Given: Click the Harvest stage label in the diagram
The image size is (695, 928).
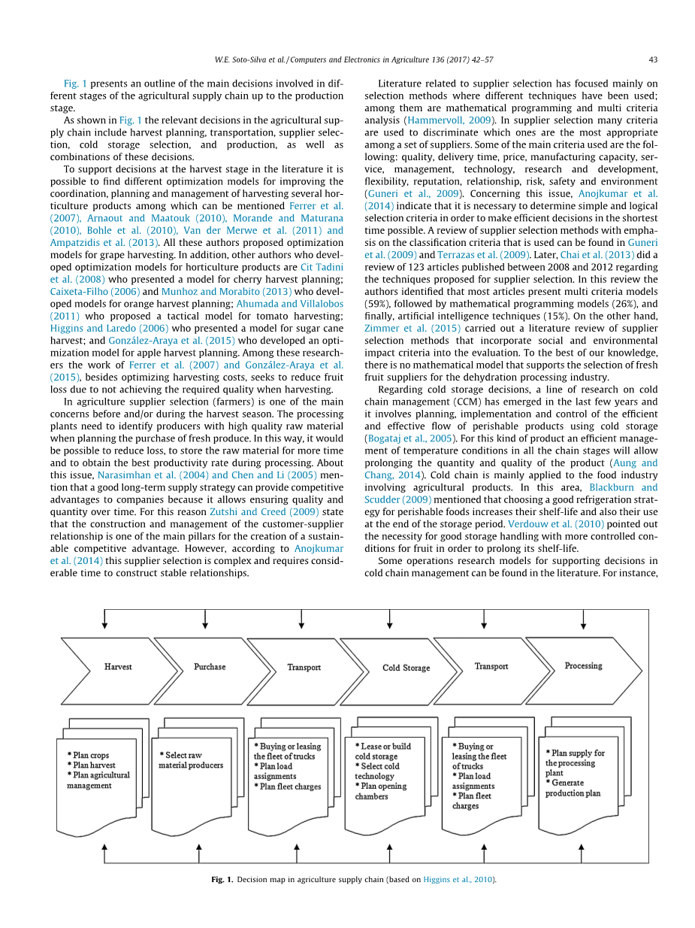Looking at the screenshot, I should click(x=118, y=666).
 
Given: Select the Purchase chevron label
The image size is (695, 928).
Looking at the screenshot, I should click(x=210, y=666).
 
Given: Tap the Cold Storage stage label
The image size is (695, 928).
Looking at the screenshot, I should click(x=406, y=668).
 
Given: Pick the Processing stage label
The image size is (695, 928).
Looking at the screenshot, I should click(x=583, y=666).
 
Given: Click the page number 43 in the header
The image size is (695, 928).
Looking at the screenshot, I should click(x=653, y=59).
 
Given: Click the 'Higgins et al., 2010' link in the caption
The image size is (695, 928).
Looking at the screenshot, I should click(x=458, y=879).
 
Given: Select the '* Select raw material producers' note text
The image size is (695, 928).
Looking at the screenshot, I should click(x=191, y=760).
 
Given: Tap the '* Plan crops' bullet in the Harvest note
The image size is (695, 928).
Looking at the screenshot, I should click(x=88, y=755).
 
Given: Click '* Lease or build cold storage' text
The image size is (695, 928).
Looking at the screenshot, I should click(x=382, y=751).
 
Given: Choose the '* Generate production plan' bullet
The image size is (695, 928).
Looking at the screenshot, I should click(x=574, y=788).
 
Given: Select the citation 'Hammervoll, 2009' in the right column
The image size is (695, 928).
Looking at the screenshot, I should click(x=449, y=120).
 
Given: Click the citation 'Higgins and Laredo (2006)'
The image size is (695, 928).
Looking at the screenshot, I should click(x=109, y=328).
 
